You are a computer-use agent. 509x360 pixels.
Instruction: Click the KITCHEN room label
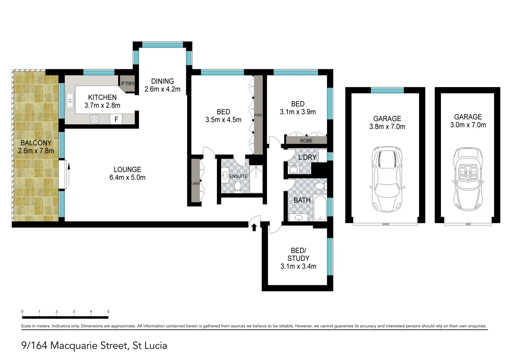tap(102, 97)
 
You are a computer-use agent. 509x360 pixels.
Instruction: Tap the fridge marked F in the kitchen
tap(116, 119)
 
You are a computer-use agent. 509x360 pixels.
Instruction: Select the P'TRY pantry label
tap(128, 84)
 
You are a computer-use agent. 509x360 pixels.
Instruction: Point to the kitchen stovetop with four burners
tap(94, 119)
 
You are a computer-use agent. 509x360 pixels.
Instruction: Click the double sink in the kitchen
tap(70, 101)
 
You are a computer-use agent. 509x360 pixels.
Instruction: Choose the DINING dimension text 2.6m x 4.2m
tap(162, 89)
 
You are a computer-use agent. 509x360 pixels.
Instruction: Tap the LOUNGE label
tap(127, 170)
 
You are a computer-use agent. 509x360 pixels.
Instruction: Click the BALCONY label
tap(36, 143)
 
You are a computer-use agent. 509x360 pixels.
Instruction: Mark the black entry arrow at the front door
tap(254, 227)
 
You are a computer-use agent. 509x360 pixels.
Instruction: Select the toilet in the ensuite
tap(238, 187)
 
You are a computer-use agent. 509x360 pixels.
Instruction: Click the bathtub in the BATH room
tap(320, 208)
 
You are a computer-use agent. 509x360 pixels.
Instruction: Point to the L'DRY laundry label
tap(307, 157)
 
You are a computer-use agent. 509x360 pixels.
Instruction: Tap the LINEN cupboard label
tap(196, 184)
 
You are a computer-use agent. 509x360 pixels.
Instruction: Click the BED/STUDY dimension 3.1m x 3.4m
tap(298, 266)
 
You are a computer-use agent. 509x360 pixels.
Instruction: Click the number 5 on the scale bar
tap(108, 312)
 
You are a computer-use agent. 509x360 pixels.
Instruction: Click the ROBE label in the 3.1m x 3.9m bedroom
tap(306, 141)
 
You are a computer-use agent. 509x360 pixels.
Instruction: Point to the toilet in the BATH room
tap(320, 187)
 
